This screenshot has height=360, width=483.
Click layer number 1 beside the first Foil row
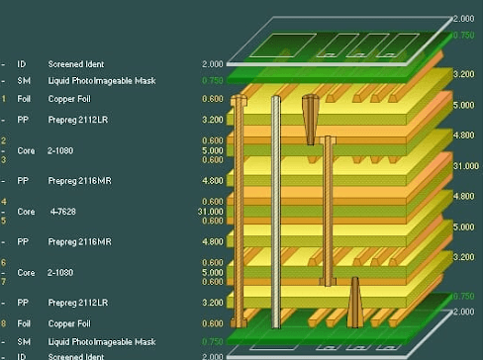click(x=4, y=99)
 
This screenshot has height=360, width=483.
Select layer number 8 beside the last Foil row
click(x=4, y=323)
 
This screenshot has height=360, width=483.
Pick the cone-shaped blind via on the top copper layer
click(x=312, y=117)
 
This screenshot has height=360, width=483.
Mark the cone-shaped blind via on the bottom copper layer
click(x=353, y=301)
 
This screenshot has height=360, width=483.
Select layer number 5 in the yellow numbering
click(x=4, y=221)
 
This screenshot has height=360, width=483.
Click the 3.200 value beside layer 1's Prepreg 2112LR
click(x=212, y=120)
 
